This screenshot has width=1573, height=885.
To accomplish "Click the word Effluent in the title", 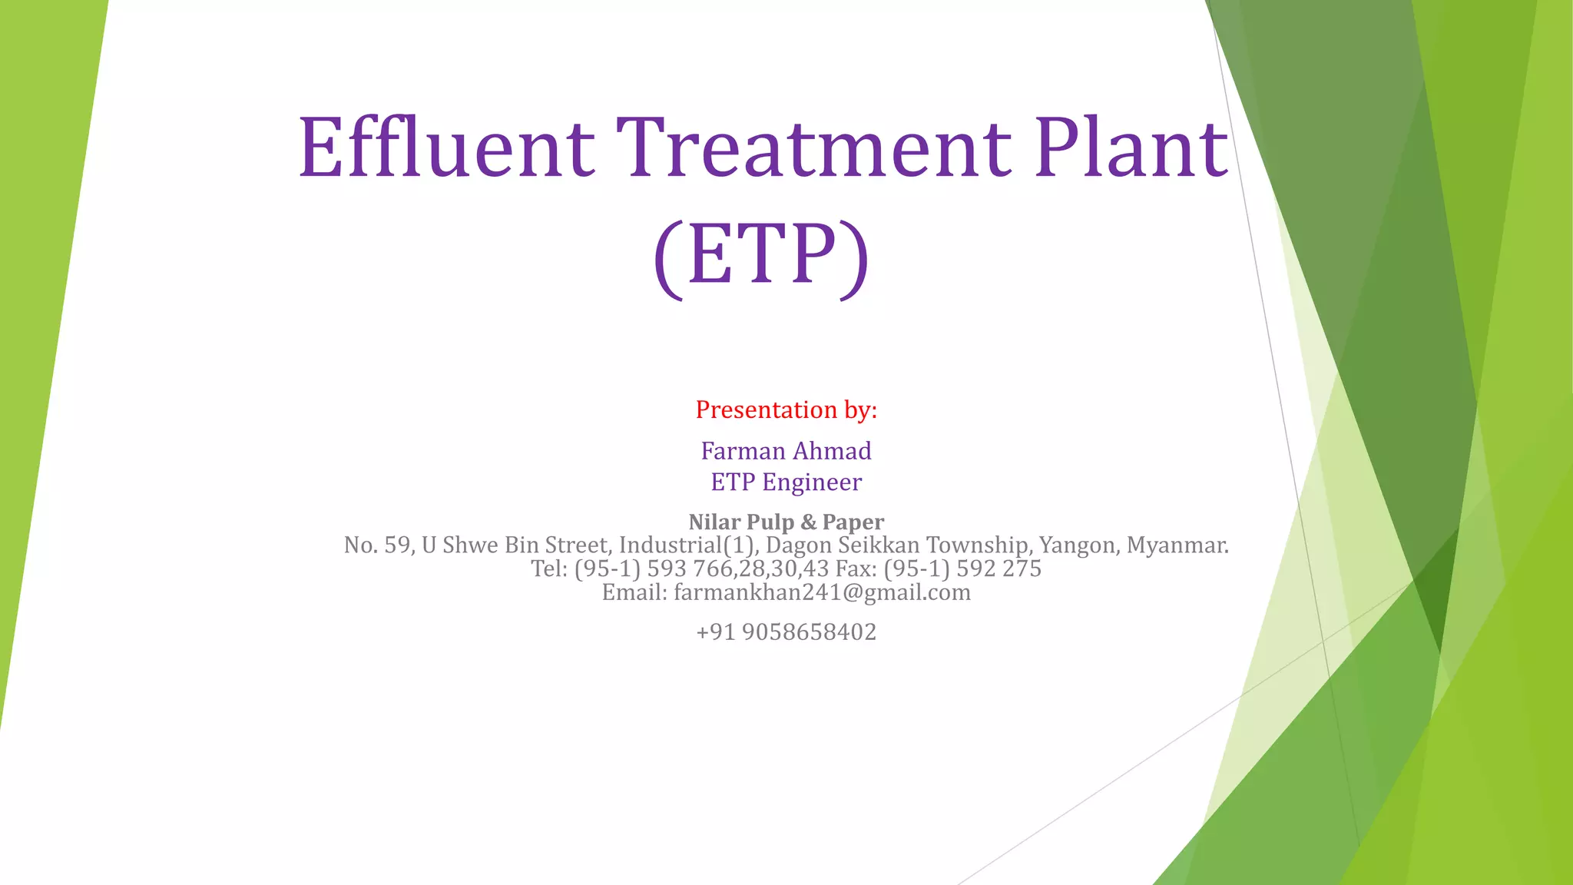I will pos(445,147).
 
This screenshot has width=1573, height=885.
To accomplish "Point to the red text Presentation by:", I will pos(786,410).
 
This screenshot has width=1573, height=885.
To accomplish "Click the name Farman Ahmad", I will pos(786,451).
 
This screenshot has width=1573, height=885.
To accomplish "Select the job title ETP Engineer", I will pos(786,482).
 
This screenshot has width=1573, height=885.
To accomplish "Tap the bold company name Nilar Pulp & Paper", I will pos(786,522).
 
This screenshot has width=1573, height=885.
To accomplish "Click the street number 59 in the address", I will pos(397,545).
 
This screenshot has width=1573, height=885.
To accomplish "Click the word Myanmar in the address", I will pos(1177,545).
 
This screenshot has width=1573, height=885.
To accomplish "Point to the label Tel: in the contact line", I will pos(548,569).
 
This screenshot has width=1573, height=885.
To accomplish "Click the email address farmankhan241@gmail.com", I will pos(822,593).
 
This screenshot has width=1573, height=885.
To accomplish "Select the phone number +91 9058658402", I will pos(786,632).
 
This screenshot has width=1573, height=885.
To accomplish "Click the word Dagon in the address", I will pos(799,545).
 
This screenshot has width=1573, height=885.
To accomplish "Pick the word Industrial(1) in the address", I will pos(689,545).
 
